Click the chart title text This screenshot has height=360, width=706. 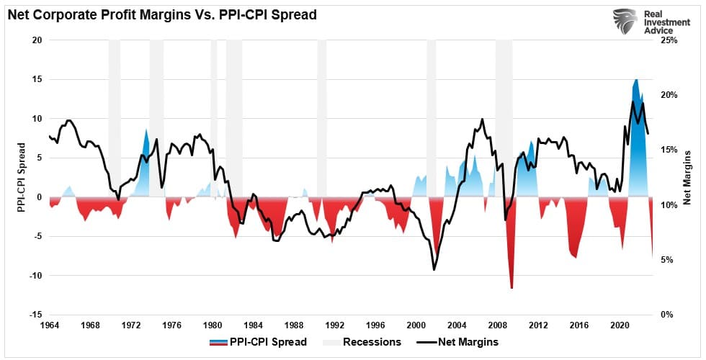point(162,14)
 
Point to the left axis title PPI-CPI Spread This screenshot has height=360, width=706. point(22,176)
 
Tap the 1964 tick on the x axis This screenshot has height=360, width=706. point(49,325)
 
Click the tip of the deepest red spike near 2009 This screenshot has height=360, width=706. point(511,288)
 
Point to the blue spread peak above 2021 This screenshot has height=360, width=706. point(635,79)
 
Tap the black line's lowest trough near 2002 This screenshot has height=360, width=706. point(434,270)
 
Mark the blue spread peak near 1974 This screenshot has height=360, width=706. point(146,129)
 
